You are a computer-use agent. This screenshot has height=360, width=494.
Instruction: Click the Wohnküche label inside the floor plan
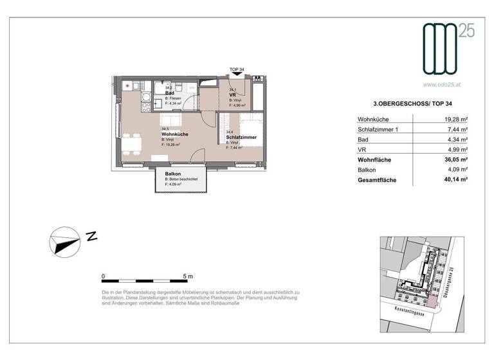pyautogui.click(x=175, y=134)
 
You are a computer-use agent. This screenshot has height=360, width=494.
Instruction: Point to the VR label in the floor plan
pyautogui.click(x=232, y=95)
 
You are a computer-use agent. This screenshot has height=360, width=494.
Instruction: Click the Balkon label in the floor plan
pyautogui.click(x=172, y=174)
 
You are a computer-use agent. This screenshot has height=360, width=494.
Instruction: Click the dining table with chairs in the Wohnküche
pyautogui.click(x=133, y=142)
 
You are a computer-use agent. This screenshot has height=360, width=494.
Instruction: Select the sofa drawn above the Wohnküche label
pyautogui.click(x=172, y=120)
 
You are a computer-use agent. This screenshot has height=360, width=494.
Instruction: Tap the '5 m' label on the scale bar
pyautogui.click(x=188, y=276)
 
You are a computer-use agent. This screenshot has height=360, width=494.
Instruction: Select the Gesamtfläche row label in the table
pyautogui.click(x=377, y=181)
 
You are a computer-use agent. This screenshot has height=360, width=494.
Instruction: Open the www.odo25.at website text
pyautogui.click(x=444, y=84)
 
